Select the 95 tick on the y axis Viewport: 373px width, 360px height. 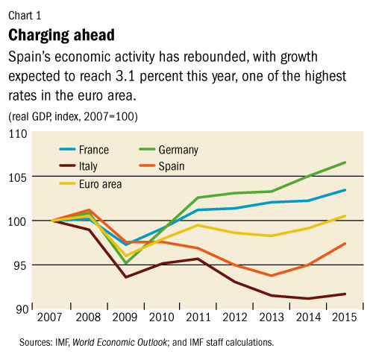pos(19,265)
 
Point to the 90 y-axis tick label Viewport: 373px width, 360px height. pos(19,309)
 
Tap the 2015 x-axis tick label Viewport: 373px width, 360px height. pos(344,318)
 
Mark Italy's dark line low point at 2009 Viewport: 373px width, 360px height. pos(125,277)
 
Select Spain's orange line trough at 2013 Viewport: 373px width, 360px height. pos(272,276)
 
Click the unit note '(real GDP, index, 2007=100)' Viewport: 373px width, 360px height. pos(72,116)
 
